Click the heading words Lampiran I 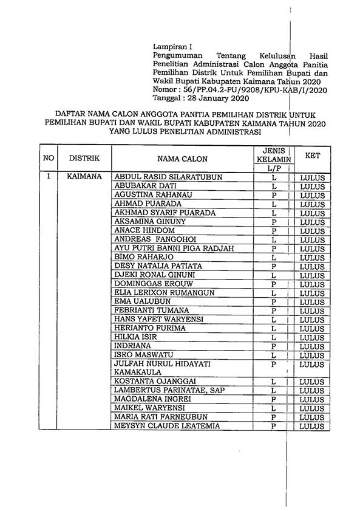pos(171,45)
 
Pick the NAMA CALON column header pos(182,159)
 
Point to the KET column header pos(313,155)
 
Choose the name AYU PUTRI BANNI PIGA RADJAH pos(174,249)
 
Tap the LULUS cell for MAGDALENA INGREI pos(313,399)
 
